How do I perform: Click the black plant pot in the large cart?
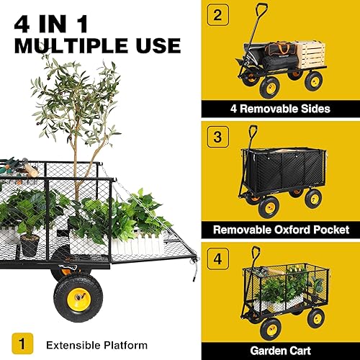28,245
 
